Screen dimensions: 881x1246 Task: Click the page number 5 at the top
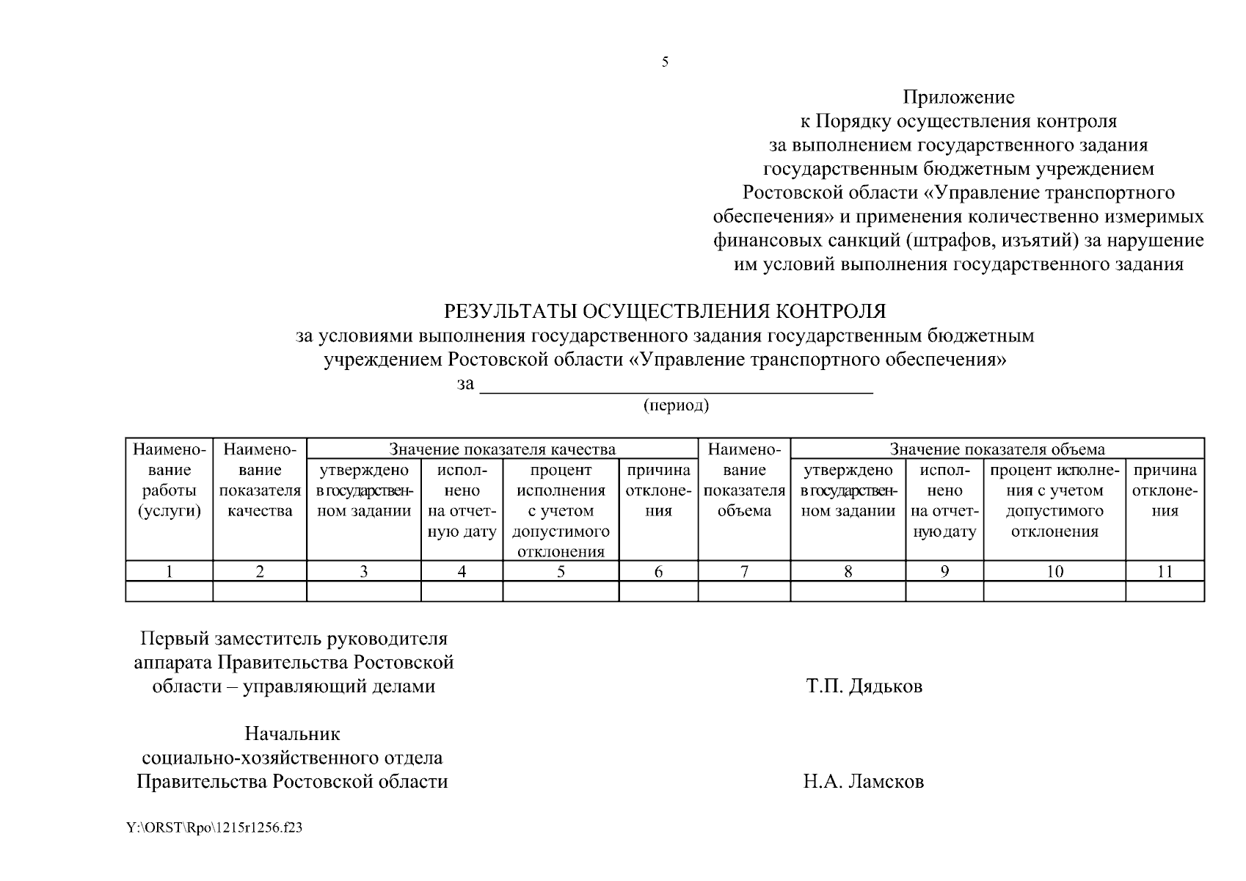click(x=665, y=62)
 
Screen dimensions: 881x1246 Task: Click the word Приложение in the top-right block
click(x=958, y=98)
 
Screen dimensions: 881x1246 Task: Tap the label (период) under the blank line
click(x=676, y=405)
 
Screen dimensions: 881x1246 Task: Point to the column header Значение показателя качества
click(x=502, y=449)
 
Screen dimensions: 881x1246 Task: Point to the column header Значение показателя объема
click(x=997, y=449)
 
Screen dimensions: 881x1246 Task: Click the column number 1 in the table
click(x=169, y=572)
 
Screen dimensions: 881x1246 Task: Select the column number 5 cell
click(x=561, y=572)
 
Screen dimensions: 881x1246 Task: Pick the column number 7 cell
click(x=743, y=572)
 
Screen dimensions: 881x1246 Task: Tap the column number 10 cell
click(x=1054, y=572)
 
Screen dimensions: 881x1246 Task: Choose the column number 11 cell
click(x=1165, y=572)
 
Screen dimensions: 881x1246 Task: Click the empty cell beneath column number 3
click(x=363, y=591)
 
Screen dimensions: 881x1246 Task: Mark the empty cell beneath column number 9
click(x=944, y=591)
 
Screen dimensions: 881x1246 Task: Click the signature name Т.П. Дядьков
click(x=864, y=687)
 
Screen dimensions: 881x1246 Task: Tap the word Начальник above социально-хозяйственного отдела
click(x=292, y=734)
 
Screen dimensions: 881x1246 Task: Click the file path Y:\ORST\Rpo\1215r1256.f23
click(x=214, y=828)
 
